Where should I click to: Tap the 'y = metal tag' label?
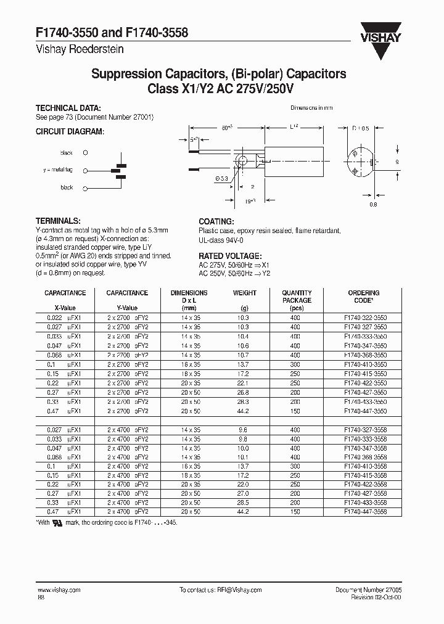(x=59, y=170)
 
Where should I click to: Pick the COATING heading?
(x=216, y=221)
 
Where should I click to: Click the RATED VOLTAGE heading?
(x=231, y=256)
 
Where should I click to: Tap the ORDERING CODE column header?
(x=364, y=297)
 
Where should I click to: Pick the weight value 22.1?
(x=244, y=382)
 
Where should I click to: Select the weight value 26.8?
(x=244, y=392)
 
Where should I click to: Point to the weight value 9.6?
(x=244, y=430)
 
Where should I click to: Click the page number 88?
(x=41, y=598)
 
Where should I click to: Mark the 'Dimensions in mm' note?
(x=311, y=108)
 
